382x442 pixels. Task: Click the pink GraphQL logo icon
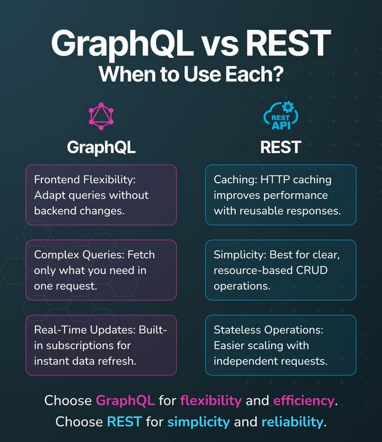pyautogui.click(x=101, y=116)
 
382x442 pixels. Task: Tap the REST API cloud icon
pyautogui.click(x=281, y=116)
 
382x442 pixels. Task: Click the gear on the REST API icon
pyautogui.click(x=288, y=107)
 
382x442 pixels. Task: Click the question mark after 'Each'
pyautogui.click(x=278, y=74)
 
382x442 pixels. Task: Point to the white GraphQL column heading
pyautogui.click(x=101, y=148)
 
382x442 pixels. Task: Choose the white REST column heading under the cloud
pyautogui.click(x=281, y=147)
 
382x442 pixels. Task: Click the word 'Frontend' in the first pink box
pyautogui.click(x=53, y=180)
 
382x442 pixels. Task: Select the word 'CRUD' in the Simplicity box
pyautogui.click(x=312, y=270)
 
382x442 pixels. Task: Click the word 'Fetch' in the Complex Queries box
pyautogui.click(x=141, y=255)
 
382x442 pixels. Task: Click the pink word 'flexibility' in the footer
pyautogui.click(x=211, y=400)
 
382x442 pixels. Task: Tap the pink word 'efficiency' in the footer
pyautogui.click(x=304, y=400)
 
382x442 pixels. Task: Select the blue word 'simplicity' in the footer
pyautogui.click(x=198, y=422)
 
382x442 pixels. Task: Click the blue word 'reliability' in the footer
pyautogui.click(x=292, y=422)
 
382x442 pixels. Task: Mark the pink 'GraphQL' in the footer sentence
pyautogui.click(x=125, y=400)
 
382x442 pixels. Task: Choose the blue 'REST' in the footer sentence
pyautogui.click(x=124, y=422)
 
